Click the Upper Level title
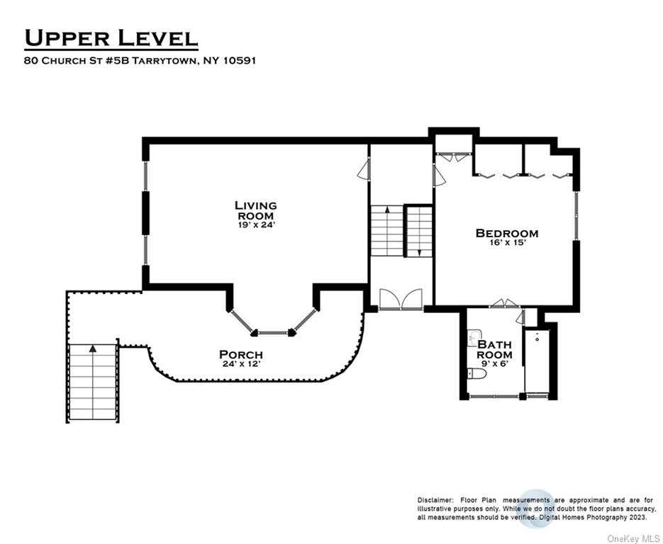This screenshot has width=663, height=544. pos(111,38)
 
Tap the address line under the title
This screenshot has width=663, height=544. pos(140,60)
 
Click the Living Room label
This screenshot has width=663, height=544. pos(256,210)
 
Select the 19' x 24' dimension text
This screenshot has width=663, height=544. pos(257,225)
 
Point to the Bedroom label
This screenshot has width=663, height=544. pos(507,233)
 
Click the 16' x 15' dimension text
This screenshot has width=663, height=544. pos(507,242)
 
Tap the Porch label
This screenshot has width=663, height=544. pos(241,354)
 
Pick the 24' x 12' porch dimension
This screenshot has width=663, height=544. pos(241,363)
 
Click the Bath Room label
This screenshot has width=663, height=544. pos(494,349)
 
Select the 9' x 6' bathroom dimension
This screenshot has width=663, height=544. pos(494,363)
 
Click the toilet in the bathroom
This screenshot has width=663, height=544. pos(477,374)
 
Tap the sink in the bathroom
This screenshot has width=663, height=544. pos(474,337)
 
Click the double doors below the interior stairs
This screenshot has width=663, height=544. pos(401,299)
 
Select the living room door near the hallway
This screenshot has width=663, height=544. pos(364,171)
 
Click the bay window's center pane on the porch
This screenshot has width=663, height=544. pos(273,333)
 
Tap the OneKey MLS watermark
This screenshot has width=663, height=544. pos(633,538)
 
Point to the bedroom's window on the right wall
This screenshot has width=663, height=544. pos(576,216)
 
